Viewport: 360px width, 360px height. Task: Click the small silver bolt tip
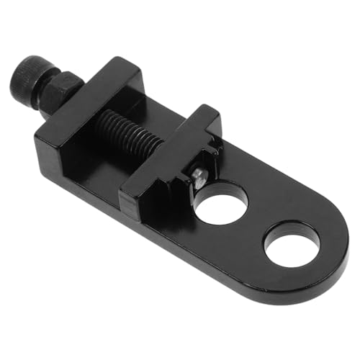click(199, 178)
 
